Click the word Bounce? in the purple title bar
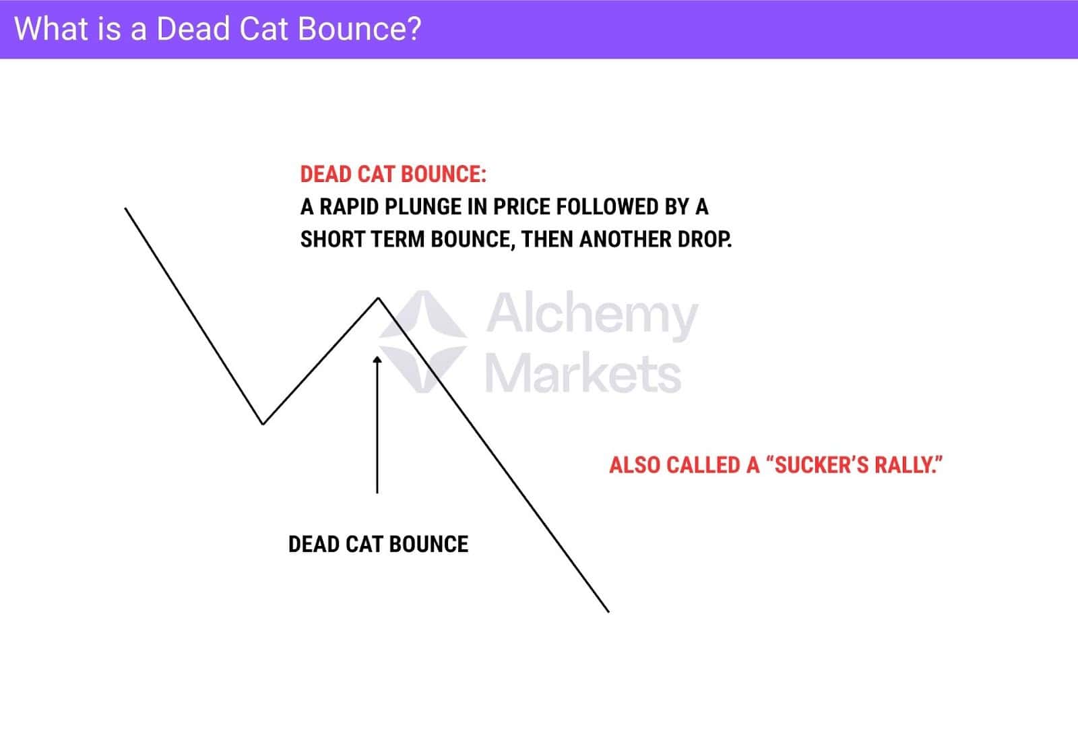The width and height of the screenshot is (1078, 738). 359,29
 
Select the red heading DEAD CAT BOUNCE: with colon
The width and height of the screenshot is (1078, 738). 393,175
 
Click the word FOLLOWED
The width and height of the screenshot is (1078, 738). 608,207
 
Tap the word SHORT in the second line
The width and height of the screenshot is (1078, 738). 332,239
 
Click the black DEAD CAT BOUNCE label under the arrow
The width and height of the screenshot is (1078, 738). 378,545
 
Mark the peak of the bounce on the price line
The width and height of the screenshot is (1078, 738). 378,299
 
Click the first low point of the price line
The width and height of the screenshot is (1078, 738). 263,424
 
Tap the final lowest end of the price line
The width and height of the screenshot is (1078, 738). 609,612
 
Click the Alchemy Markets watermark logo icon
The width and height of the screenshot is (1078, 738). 423,342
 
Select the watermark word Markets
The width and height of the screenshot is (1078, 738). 583,373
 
